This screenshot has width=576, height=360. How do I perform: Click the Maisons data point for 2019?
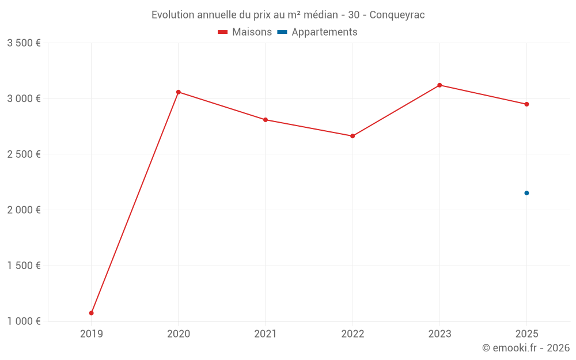point(92,313)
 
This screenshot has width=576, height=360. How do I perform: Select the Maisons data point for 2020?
point(179,92)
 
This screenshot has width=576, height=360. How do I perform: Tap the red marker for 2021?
point(266,120)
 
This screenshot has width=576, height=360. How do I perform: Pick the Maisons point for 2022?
point(353,136)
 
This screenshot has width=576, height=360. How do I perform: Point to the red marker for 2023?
point(439,85)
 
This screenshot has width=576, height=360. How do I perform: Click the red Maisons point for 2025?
point(526,104)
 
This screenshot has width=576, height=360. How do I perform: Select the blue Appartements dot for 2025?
point(526,193)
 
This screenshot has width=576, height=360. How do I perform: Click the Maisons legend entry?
point(245,32)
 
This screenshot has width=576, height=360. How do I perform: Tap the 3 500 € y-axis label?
point(24,43)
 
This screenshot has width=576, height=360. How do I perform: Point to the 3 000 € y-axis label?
point(24,98)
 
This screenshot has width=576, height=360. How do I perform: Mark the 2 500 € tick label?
point(24,154)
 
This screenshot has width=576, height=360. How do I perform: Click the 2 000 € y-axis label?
point(24,210)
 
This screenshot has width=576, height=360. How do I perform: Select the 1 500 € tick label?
point(24,266)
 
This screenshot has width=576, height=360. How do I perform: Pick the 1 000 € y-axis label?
point(24,321)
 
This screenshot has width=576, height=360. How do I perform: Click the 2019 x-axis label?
point(92,334)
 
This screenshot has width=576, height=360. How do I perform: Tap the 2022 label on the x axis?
point(353,334)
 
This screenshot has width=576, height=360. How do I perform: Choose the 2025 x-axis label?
point(526,334)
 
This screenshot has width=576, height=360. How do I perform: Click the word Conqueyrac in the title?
point(397,15)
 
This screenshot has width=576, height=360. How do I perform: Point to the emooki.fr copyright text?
point(526,348)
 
